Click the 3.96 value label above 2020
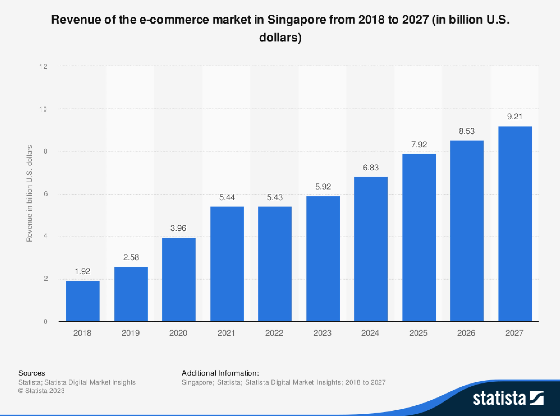coord(178,228)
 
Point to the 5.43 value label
coord(275,197)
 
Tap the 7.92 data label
coord(419,145)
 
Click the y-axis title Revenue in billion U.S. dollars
coord(29,193)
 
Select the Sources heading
coord(32,373)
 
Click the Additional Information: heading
coord(220,373)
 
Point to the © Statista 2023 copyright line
coord(41,391)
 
